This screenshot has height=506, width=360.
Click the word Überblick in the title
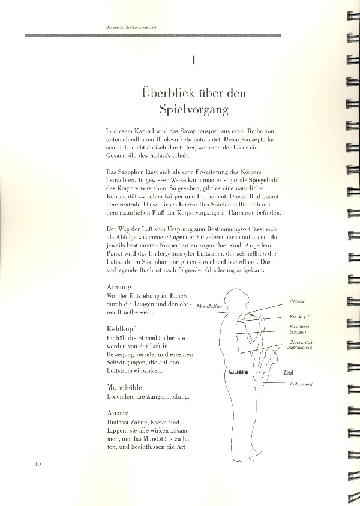coord(166,94)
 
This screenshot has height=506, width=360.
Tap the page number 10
coord(38,463)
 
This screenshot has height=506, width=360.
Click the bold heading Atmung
coord(119,287)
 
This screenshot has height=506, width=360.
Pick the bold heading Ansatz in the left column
coord(119,412)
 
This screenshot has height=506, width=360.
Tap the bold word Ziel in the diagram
coord(289,372)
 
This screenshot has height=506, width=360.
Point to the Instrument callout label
coord(302,384)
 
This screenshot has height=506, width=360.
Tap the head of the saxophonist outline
coord(233,299)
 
